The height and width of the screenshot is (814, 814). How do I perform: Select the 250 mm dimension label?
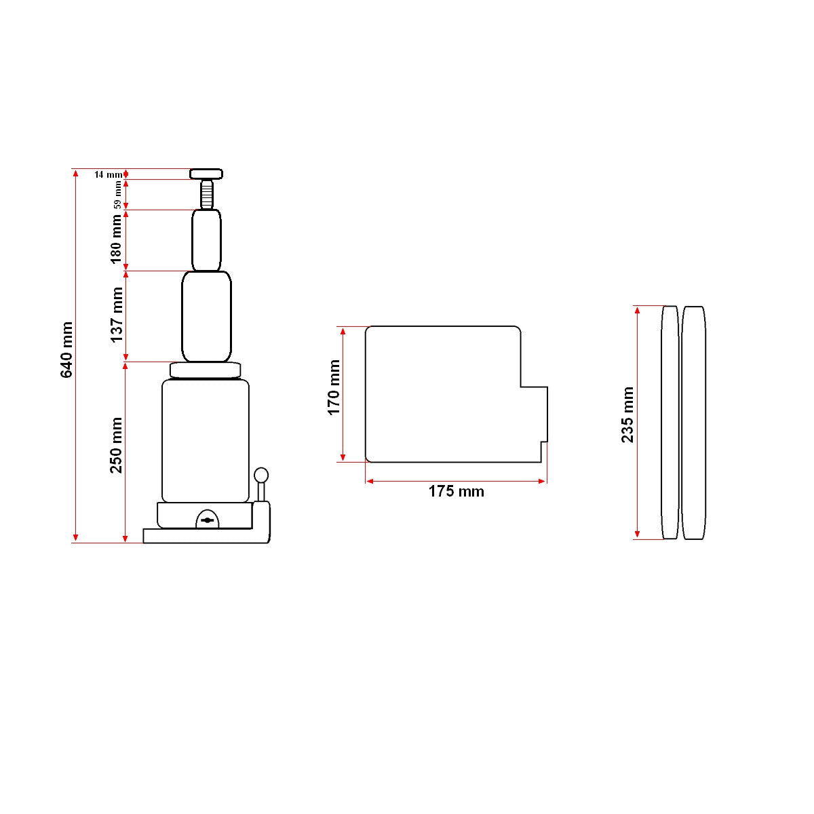click(x=117, y=445)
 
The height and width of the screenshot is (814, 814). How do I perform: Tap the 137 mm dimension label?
click(x=117, y=315)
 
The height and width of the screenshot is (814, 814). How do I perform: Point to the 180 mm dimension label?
click(x=117, y=239)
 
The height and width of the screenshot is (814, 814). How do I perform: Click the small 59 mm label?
click(x=117, y=194)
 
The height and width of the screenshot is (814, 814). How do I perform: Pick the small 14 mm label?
click(x=108, y=174)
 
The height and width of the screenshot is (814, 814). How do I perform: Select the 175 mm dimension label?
click(x=456, y=491)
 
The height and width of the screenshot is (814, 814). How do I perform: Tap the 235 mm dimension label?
click(x=627, y=414)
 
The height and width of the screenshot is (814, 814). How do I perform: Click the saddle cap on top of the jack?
click(x=206, y=174)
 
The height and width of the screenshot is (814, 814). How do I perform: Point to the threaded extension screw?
click(x=206, y=195)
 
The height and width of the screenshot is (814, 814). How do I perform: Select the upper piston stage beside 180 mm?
click(x=206, y=240)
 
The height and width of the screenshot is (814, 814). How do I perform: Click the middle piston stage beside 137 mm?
click(x=206, y=316)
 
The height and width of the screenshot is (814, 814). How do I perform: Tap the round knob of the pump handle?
click(x=261, y=475)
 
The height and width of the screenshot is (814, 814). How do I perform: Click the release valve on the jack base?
click(x=208, y=520)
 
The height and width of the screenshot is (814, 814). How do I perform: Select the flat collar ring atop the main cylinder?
click(x=206, y=370)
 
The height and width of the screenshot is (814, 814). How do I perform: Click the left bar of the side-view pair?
click(x=670, y=423)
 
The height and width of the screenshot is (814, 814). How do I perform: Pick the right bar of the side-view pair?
click(x=693, y=423)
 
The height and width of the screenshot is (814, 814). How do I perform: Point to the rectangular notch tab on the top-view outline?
click(x=535, y=414)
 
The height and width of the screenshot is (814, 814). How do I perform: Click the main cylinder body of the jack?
click(x=206, y=441)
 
